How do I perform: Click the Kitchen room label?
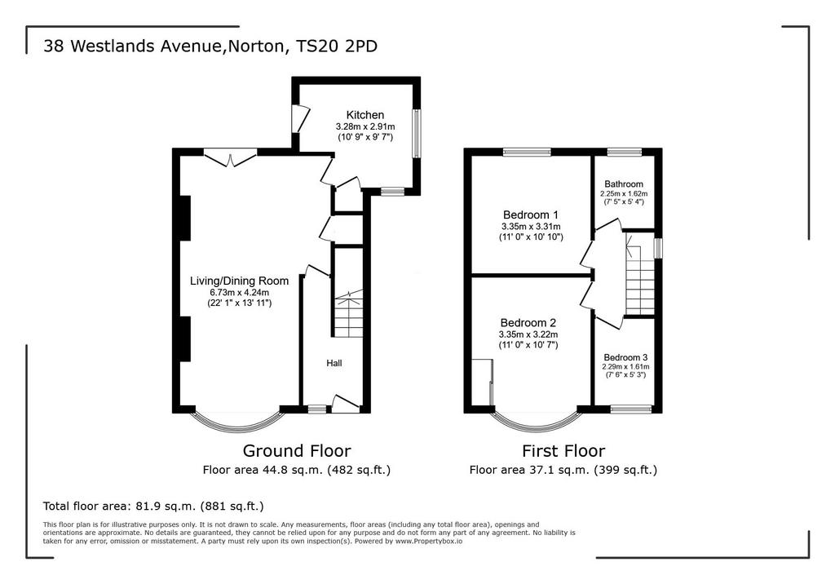[364, 114]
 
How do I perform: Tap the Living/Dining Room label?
[239, 281]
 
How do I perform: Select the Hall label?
[334, 363]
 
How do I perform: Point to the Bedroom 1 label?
[530, 215]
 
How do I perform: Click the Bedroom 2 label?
[528, 322]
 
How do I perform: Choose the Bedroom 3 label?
[625, 357]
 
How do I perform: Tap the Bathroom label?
[624, 184]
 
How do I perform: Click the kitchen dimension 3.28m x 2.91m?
[364, 126]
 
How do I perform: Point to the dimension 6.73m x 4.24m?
[239, 293]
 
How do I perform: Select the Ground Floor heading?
[297, 451]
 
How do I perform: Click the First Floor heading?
[563, 451]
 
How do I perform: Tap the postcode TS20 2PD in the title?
[337, 46]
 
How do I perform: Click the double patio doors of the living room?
[231, 158]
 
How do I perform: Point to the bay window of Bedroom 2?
[536, 421]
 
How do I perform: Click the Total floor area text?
[153, 506]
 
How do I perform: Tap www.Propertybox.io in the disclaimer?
[429, 541]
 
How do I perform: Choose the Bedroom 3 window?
[630, 409]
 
